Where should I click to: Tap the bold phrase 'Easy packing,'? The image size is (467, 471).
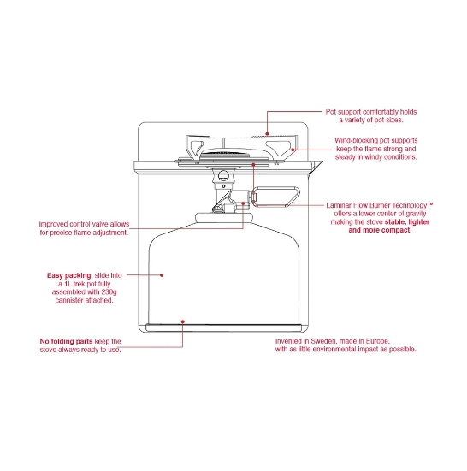pyautogui.click(x=70, y=275)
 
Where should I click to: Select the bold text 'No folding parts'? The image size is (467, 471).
pyautogui.click(x=66, y=342)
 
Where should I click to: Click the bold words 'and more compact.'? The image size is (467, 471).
pyautogui.click(x=380, y=231)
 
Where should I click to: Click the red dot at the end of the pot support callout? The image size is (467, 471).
pyautogui.click(x=267, y=133)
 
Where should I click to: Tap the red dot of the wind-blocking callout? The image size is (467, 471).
pyautogui.click(x=293, y=150)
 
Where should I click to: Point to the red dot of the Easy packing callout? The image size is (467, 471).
pyautogui.click(x=162, y=275)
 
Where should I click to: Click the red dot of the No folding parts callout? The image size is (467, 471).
pyautogui.click(x=183, y=321)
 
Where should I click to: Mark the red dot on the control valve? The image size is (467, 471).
pyautogui.click(x=243, y=203)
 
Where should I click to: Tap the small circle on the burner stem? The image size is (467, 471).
pyautogui.click(x=223, y=175)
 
